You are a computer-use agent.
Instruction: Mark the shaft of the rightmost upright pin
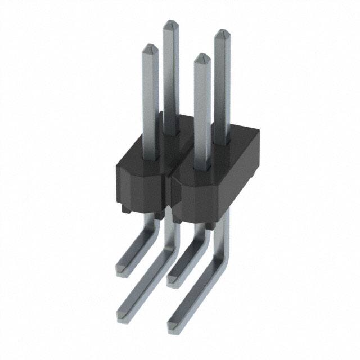click(x=222, y=84)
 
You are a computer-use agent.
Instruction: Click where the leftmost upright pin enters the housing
click(x=152, y=159)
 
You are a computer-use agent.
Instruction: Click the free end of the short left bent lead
click(x=123, y=269)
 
